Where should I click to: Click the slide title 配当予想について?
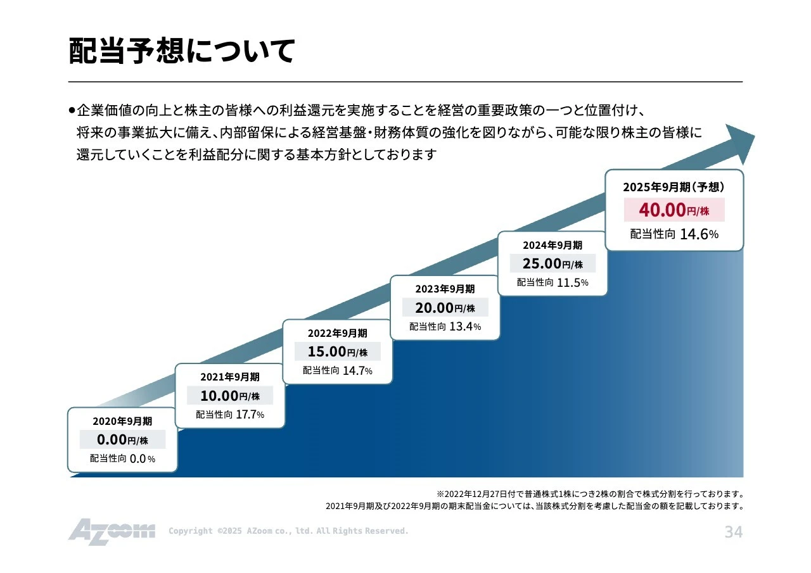(182, 52)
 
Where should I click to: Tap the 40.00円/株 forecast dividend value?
(674, 210)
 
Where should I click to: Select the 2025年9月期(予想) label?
(674, 187)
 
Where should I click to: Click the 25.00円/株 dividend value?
(552, 263)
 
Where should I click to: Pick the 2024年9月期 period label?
(552, 244)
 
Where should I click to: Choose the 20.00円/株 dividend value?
(445, 308)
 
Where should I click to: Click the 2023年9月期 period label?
(445, 289)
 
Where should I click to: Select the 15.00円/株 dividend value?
(337, 351)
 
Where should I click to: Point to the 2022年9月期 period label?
(337, 333)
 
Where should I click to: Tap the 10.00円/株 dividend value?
(230, 396)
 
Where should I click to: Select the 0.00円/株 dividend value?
(122, 439)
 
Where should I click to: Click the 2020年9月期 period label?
(122, 421)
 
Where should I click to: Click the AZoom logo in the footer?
(112, 531)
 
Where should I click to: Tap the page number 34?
(733, 532)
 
